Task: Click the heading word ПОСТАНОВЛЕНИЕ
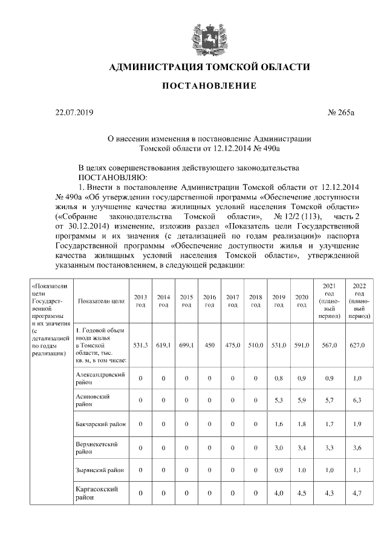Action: (x=209, y=86)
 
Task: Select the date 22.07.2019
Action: (x=74, y=112)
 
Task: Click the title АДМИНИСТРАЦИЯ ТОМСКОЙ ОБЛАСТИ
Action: (x=209, y=66)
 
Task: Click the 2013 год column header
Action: (x=140, y=300)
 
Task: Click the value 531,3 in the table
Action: (x=140, y=345)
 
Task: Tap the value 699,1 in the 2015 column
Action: (x=186, y=345)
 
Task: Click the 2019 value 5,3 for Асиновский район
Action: (x=279, y=400)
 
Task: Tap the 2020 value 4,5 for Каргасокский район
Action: (x=302, y=493)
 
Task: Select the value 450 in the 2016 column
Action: (x=209, y=345)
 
